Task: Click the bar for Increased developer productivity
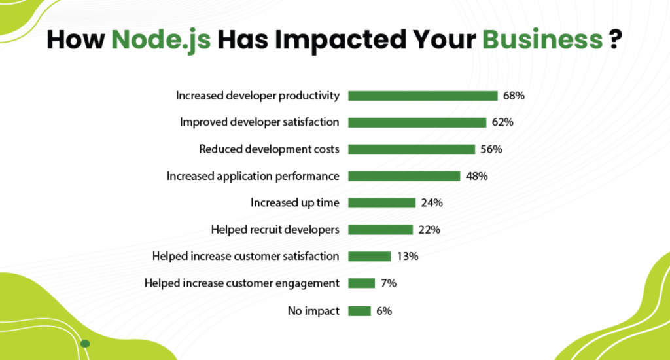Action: click(x=423, y=96)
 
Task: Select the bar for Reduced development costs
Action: click(x=412, y=149)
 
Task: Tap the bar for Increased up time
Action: click(x=382, y=203)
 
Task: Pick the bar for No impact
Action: click(x=359, y=312)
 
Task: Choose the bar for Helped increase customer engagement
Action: click(x=361, y=283)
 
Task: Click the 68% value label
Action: click(x=514, y=96)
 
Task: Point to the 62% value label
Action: click(x=502, y=122)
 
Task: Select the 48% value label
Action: click(x=476, y=176)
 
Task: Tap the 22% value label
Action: click(x=429, y=230)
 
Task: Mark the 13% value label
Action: click(x=408, y=256)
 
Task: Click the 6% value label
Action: click(x=384, y=311)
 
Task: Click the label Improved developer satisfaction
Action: click(x=259, y=122)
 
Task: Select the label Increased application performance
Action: click(x=253, y=176)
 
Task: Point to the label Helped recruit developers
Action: click(x=275, y=230)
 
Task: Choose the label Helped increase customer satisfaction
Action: click(x=246, y=256)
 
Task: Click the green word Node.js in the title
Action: click(x=161, y=41)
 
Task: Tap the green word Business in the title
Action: click(x=542, y=39)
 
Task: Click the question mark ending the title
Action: click(x=615, y=39)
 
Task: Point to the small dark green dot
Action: click(x=85, y=344)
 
